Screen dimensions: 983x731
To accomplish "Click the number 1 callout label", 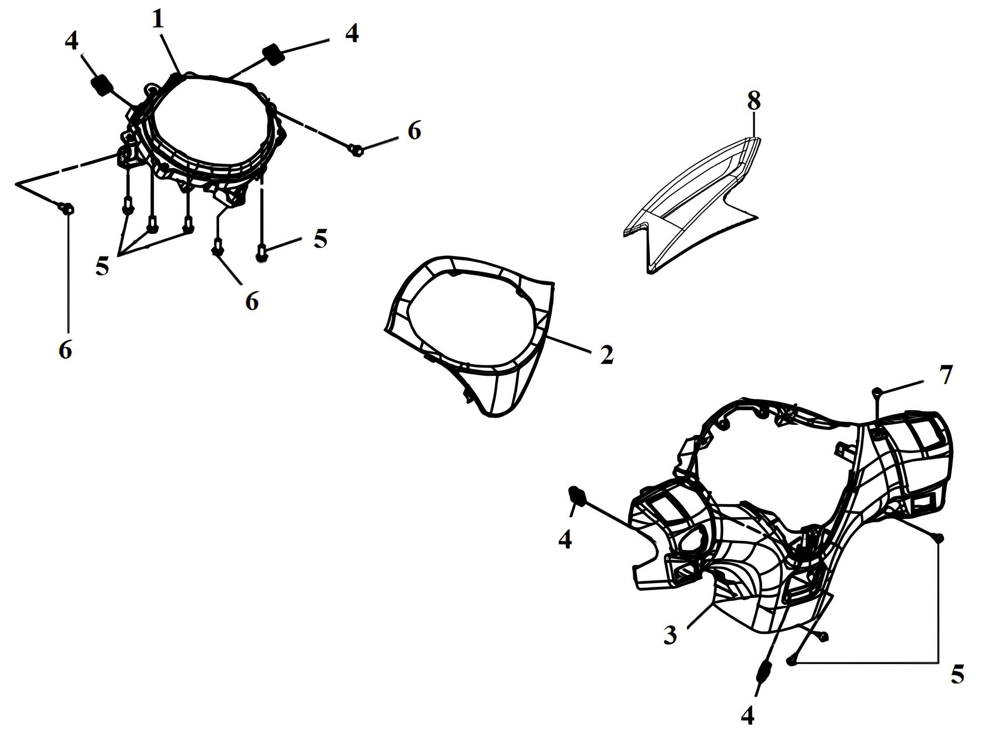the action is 157,19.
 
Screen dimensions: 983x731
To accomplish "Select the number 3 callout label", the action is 670,635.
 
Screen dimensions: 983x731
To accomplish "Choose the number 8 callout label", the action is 754,102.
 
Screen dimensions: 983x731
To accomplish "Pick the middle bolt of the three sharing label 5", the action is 152,224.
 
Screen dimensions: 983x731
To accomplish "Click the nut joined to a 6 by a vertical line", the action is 66,208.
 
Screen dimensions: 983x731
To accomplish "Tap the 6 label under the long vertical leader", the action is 65,351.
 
